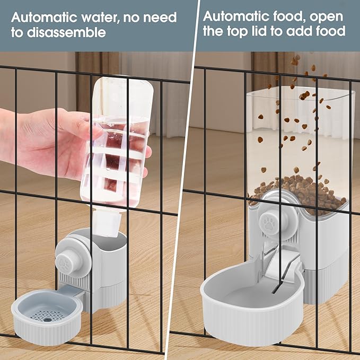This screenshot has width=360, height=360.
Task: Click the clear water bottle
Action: point(119,143)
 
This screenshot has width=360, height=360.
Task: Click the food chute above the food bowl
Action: point(278,265)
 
